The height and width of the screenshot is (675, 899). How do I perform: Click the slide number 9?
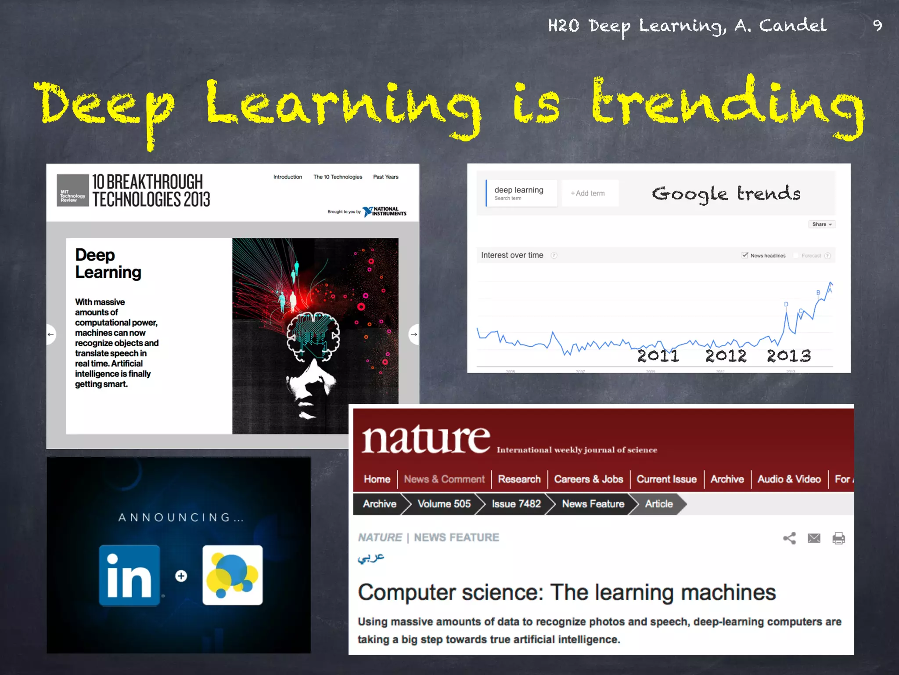(x=877, y=25)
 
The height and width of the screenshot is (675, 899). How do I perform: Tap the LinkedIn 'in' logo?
(x=129, y=575)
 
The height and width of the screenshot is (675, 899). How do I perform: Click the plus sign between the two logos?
(x=181, y=576)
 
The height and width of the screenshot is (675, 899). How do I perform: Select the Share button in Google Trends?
(x=821, y=224)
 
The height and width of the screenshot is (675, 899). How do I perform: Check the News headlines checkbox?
(x=745, y=255)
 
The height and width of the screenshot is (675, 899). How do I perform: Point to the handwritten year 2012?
(x=726, y=356)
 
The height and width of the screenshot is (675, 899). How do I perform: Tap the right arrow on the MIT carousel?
(x=414, y=334)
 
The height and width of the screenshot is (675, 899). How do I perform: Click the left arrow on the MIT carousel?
(x=51, y=334)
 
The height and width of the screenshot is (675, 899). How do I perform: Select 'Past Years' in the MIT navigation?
(x=385, y=177)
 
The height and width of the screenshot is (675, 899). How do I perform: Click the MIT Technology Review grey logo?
(x=72, y=190)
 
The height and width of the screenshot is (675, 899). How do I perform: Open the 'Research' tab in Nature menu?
(x=519, y=479)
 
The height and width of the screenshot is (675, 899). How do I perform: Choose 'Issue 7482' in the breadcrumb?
(x=516, y=504)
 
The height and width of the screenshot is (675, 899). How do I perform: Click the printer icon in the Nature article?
(x=838, y=538)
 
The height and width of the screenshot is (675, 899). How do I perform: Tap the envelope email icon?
(x=814, y=538)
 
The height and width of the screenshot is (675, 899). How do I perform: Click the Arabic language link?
(x=371, y=558)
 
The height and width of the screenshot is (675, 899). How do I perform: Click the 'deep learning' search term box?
(x=521, y=193)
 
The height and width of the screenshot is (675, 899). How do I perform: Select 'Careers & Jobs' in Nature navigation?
(x=588, y=479)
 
